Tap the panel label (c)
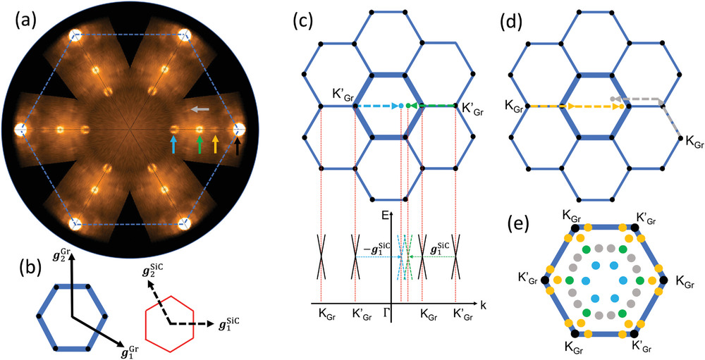(x=308, y=19)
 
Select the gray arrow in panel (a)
(x=201, y=109)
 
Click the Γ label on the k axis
(x=387, y=311)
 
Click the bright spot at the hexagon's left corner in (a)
(x=20, y=130)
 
